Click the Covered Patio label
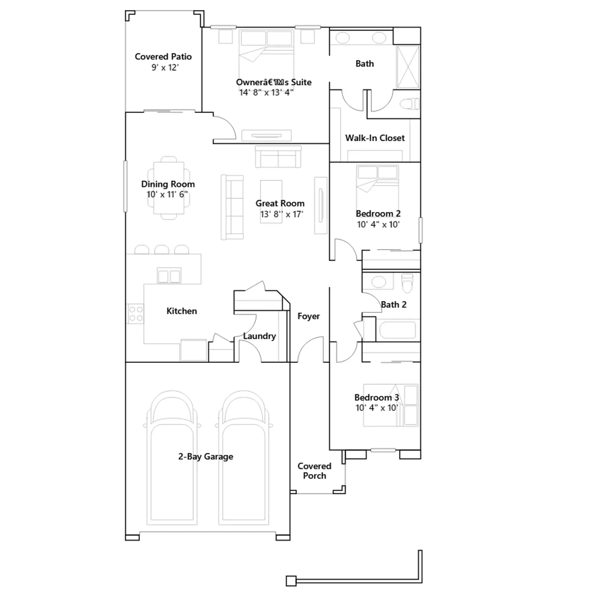coord(163,57)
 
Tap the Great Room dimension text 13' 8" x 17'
coord(282,214)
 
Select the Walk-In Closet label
coord(375,138)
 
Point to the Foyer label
coord(308,316)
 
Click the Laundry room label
coord(260,336)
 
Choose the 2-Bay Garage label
coord(206,456)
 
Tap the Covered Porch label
coord(314,471)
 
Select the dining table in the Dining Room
coord(169,188)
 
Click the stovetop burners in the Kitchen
coord(136,314)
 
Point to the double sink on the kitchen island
coord(169,276)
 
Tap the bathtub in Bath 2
coord(397,330)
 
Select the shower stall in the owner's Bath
coord(408,67)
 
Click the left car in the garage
coord(172,458)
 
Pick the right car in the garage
coord(244,458)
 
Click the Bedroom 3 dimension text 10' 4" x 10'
coord(377,408)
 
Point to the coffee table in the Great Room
coord(271,202)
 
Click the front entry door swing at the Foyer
coord(311,349)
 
